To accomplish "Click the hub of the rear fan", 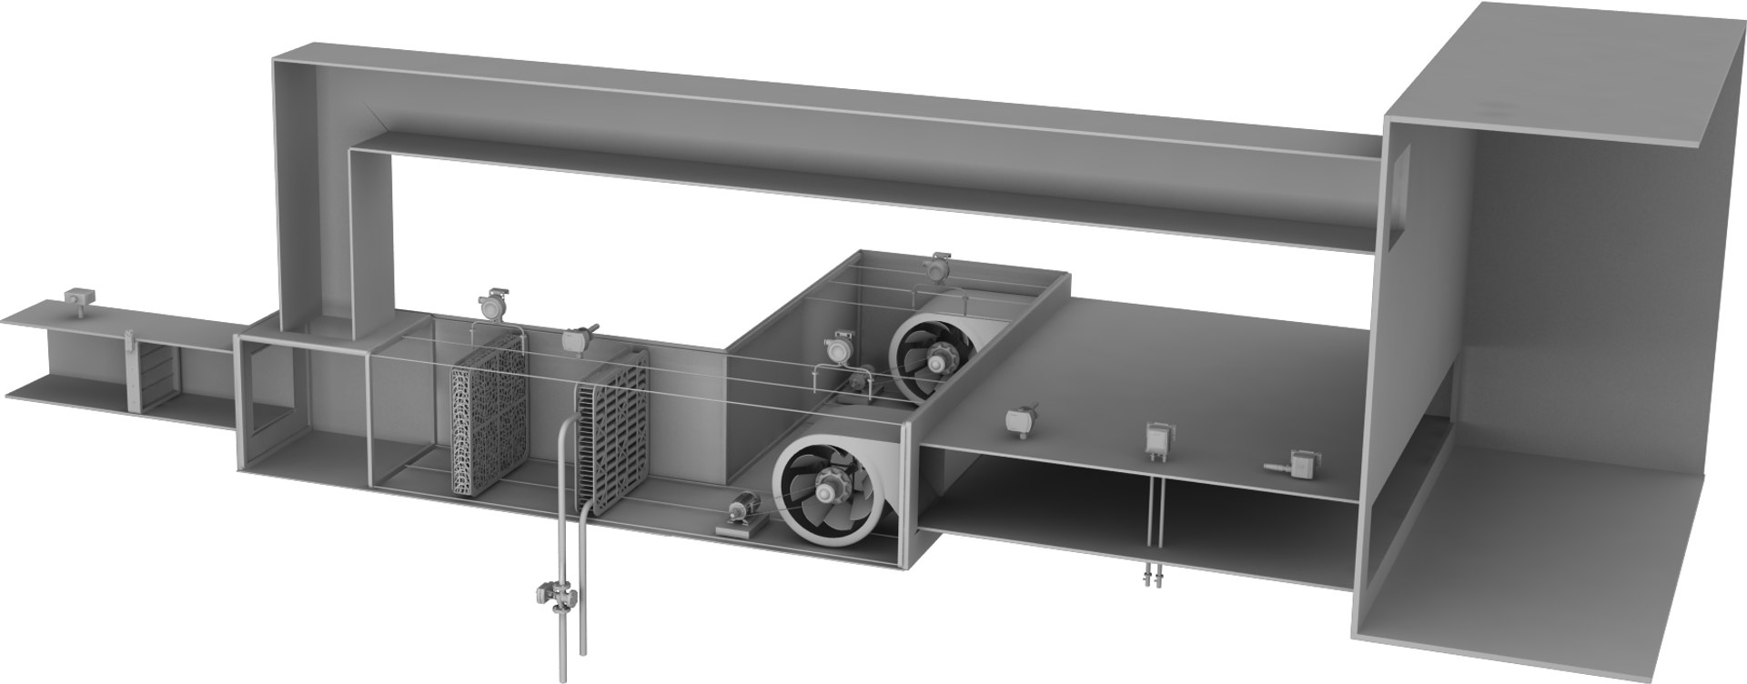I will click(934, 363).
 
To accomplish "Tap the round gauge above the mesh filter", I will click(492, 303).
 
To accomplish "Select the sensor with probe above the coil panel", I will click(575, 341).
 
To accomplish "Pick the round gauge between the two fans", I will click(834, 350).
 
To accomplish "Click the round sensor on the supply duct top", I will click(1017, 421).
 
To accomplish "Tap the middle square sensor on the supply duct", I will click(1156, 439).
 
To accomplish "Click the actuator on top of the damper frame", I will click(130, 340).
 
